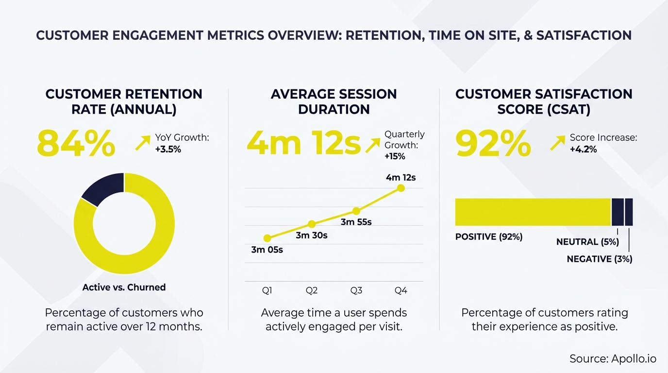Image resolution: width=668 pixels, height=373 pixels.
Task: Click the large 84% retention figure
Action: pyautogui.click(x=76, y=144)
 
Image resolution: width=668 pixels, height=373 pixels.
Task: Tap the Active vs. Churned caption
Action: pyautogui.click(x=124, y=288)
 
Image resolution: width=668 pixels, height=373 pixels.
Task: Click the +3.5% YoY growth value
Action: pyautogui.click(x=168, y=150)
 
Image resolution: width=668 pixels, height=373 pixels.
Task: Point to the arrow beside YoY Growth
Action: pyautogui.click(x=143, y=143)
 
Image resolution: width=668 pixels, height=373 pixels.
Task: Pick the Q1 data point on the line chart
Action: pyautogui.click(x=267, y=238)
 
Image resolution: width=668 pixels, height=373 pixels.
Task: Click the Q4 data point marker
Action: pyautogui.click(x=401, y=188)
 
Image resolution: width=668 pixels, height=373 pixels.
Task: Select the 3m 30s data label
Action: pyautogui.click(x=312, y=236)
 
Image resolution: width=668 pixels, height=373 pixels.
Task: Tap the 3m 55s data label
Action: pyautogui.click(x=356, y=222)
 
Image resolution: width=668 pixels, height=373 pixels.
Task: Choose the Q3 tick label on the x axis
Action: pyautogui.click(x=356, y=290)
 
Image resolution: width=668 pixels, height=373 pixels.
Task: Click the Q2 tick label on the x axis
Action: pyautogui.click(x=312, y=290)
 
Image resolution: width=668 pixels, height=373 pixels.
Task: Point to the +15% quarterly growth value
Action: pyautogui.click(x=395, y=156)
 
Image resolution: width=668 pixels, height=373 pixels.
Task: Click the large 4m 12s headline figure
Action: pyautogui.click(x=304, y=144)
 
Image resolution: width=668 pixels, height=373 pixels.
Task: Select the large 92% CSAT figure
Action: pyautogui.click(x=493, y=144)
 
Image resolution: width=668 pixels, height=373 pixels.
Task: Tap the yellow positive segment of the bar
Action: pyautogui.click(x=533, y=212)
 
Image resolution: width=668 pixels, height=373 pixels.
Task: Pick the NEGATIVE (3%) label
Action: pyautogui.click(x=600, y=259)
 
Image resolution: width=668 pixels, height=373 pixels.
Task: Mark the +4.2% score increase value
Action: pyautogui.click(x=583, y=150)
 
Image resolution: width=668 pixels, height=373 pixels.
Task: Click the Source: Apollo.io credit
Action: pyautogui.click(x=613, y=359)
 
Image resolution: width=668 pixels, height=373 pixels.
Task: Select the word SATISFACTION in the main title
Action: pyautogui.click(x=584, y=35)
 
